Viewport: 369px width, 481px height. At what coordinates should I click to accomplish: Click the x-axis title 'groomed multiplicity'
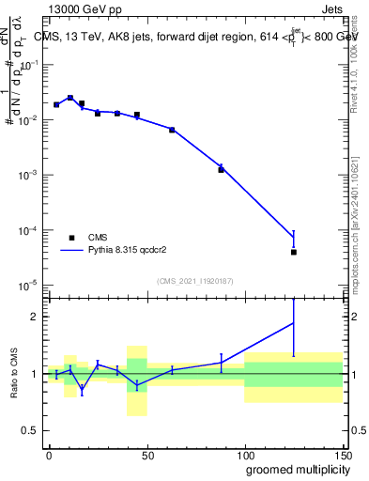tap(293, 469)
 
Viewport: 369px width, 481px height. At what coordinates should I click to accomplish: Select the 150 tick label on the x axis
tap(342, 454)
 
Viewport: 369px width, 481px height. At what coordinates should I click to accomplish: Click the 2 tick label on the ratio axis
tap(34, 317)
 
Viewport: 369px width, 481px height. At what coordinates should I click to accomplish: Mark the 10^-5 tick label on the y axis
tap(28, 285)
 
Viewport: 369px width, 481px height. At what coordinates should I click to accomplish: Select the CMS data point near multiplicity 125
tap(294, 252)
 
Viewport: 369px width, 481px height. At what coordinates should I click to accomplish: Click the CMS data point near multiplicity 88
tap(222, 170)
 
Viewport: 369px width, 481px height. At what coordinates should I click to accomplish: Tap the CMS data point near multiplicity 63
tap(172, 130)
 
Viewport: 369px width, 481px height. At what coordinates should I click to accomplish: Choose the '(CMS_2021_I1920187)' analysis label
tap(194, 280)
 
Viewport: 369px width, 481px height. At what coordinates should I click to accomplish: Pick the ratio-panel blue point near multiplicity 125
tap(294, 323)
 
